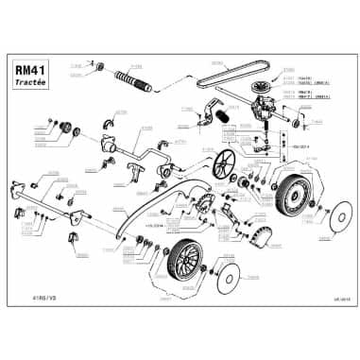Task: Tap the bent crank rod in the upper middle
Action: [x=142, y=152]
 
